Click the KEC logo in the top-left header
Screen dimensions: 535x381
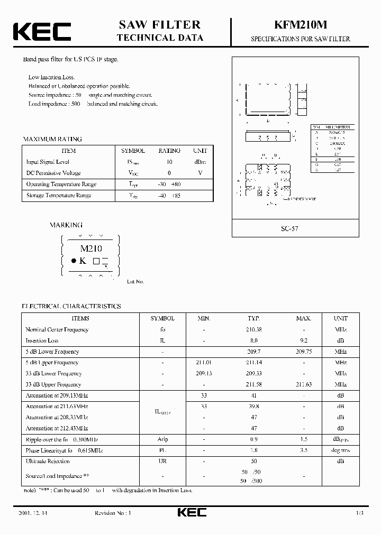(x=42, y=31)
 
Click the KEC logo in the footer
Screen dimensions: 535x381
(x=191, y=512)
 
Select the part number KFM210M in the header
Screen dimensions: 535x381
(x=300, y=25)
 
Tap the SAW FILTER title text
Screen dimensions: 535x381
(x=160, y=25)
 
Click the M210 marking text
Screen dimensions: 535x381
(x=90, y=248)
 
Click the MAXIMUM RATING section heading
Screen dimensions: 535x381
(x=52, y=139)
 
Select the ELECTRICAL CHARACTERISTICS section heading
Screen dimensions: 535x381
(x=71, y=306)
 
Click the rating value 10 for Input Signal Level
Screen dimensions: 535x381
(x=169, y=162)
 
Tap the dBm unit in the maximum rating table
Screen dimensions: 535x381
(x=199, y=162)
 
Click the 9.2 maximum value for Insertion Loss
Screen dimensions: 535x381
(x=304, y=341)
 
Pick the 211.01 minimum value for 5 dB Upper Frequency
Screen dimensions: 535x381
(x=203, y=363)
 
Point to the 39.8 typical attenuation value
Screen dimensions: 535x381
(x=254, y=406)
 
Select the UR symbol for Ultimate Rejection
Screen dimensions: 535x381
(x=162, y=462)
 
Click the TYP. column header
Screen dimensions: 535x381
(x=254, y=319)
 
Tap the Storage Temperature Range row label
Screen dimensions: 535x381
(x=59, y=196)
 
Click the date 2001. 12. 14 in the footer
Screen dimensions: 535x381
(x=38, y=513)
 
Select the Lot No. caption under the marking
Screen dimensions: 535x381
(x=135, y=282)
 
